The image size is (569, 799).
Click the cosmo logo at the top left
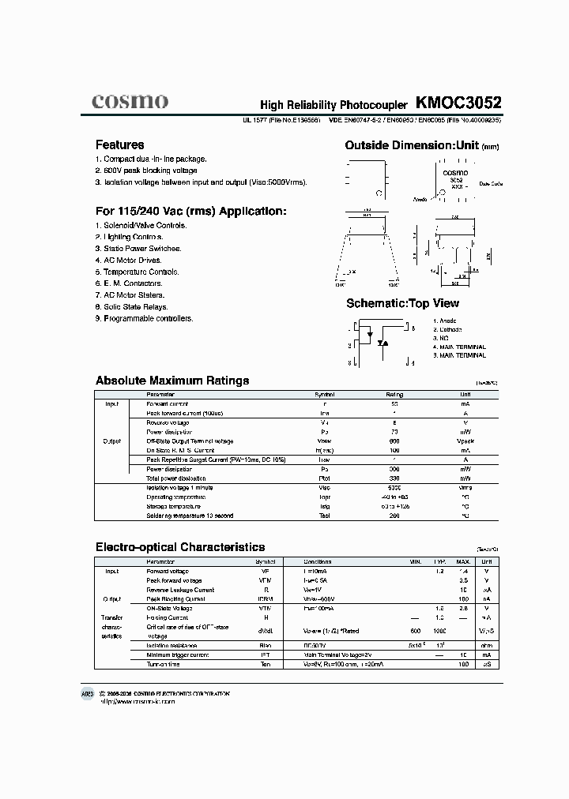tap(130, 101)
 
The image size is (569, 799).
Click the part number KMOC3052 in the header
tap(458, 103)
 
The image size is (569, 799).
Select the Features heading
tap(119, 145)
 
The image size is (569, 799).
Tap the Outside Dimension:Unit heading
tap(422, 145)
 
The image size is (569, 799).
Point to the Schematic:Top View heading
tap(402, 303)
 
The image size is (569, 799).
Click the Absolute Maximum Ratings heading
tap(172, 381)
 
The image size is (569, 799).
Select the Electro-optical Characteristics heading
tap(180, 547)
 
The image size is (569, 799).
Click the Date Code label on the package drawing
tap(491, 183)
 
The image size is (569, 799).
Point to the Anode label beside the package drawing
tap(420, 200)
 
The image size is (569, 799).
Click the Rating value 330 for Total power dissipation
tap(394, 478)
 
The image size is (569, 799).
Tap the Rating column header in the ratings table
tap(394, 394)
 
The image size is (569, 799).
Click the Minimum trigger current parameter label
tap(178, 655)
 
